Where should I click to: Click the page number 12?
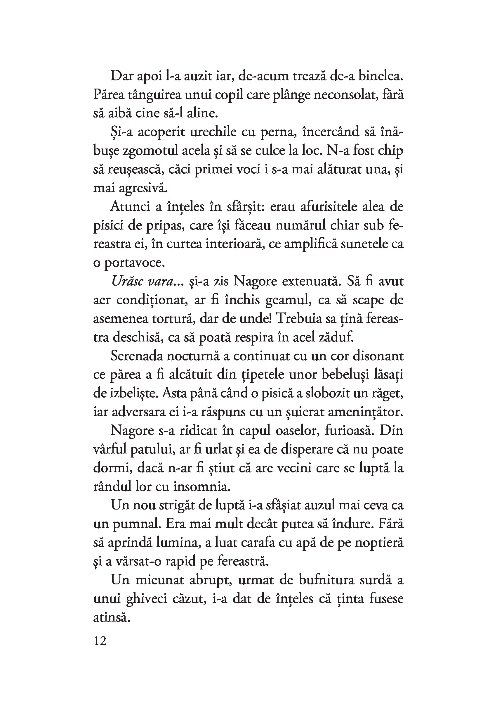pyautogui.click(x=100, y=641)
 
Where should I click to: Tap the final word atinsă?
pyautogui.click(x=110, y=618)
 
